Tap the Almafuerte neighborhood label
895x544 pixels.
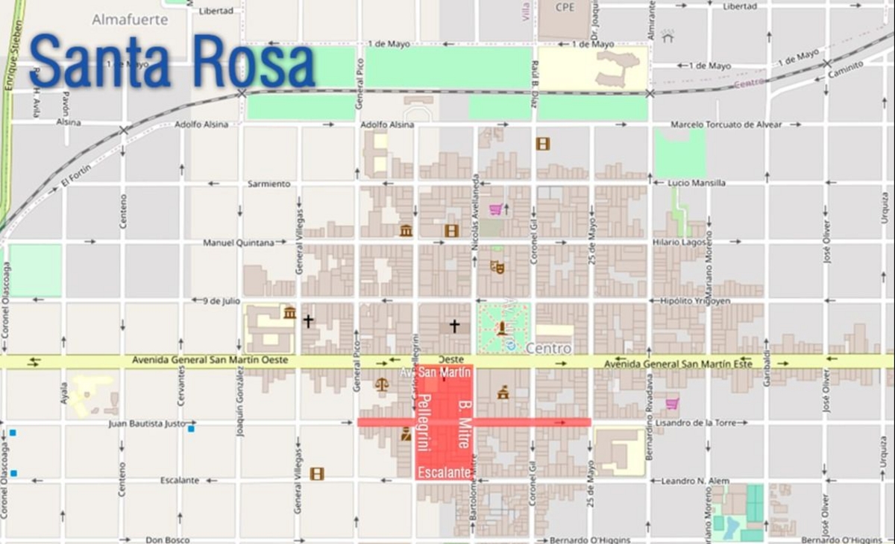[130, 19]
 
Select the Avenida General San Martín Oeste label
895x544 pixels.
[210, 361]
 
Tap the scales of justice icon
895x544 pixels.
[381, 385]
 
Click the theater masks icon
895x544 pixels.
[497, 267]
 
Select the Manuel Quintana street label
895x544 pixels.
[239, 242]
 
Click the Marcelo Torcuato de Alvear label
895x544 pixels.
[726, 124]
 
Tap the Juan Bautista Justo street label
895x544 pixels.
[147, 423]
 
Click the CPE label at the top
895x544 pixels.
[565, 7]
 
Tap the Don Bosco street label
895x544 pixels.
[167, 540]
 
